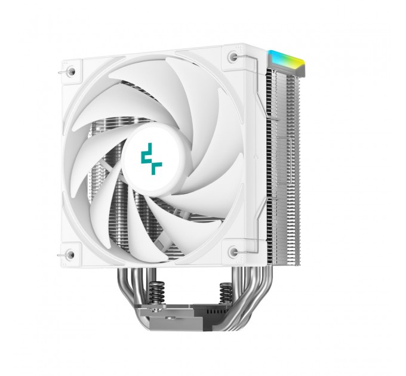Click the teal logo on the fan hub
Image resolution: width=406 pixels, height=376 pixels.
click(151, 159)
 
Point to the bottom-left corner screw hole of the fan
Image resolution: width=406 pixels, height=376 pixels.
click(70, 255)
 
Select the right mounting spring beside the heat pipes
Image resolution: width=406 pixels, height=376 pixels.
click(226, 292)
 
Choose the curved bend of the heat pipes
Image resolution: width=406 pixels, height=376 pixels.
click(254, 298)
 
